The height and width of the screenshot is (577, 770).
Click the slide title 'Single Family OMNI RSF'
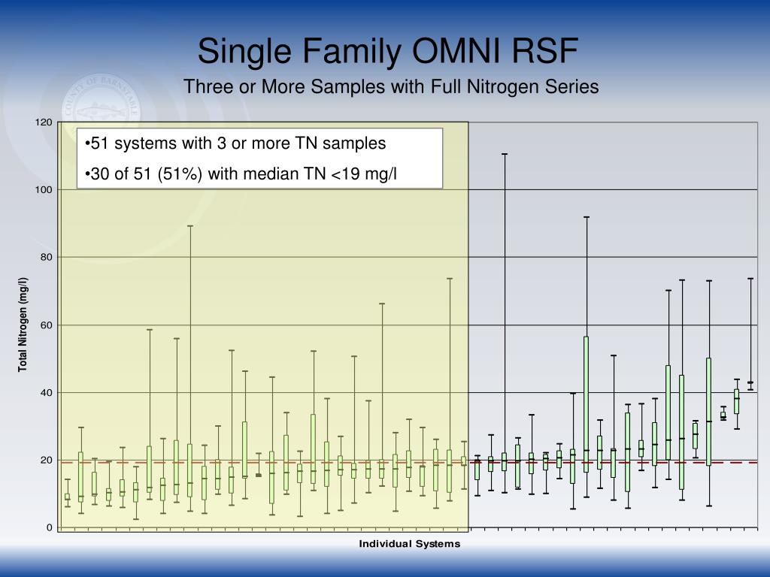pyautogui.click(x=388, y=52)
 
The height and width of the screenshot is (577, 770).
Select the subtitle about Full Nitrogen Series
pyautogui.click(x=391, y=87)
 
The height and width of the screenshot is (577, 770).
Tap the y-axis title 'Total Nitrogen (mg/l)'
pyautogui.click(x=23, y=325)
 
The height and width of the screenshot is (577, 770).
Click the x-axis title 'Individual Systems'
pyautogui.click(x=409, y=543)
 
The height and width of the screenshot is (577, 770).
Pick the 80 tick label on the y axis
pyautogui.click(x=47, y=258)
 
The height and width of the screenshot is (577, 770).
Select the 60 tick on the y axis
pyautogui.click(x=47, y=325)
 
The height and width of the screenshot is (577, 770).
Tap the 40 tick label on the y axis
pyautogui.click(x=47, y=393)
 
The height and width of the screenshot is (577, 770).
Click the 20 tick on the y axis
pyautogui.click(x=47, y=461)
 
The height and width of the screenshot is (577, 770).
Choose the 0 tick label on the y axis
pyautogui.click(x=50, y=528)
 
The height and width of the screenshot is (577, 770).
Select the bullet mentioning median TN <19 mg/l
pyautogui.click(x=241, y=175)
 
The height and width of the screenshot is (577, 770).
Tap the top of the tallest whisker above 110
pyautogui.click(x=505, y=154)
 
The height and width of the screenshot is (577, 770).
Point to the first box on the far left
pyautogui.click(x=67, y=497)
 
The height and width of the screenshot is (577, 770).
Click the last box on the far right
pyautogui.click(x=750, y=382)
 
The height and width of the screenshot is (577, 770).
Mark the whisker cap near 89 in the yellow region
pyautogui.click(x=190, y=225)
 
